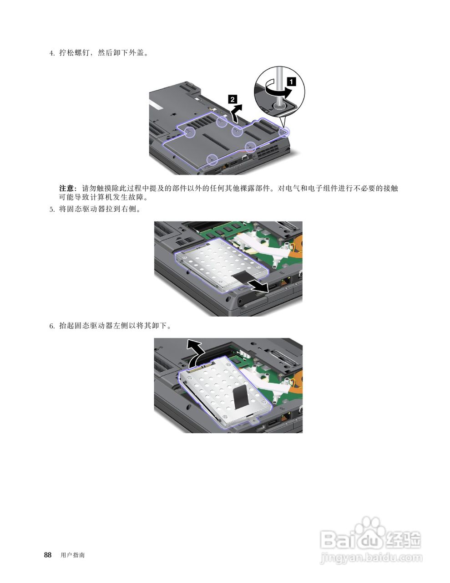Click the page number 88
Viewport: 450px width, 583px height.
pyautogui.click(x=48, y=555)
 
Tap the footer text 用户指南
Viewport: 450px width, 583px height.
pyautogui.click(x=72, y=555)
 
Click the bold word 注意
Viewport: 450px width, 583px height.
pyautogui.click(x=67, y=188)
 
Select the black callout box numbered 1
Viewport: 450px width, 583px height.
pyautogui.click(x=291, y=82)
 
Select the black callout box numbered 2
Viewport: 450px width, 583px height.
pyautogui.click(x=232, y=99)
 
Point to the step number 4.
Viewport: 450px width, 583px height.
pyautogui.click(x=51, y=53)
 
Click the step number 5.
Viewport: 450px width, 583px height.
pyautogui.click(x=51, y=210)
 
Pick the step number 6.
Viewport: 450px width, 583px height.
pyautogui.click(x=51, y=326)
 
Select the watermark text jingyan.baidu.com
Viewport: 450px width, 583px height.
pyautogui.click(x=371, y=557)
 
